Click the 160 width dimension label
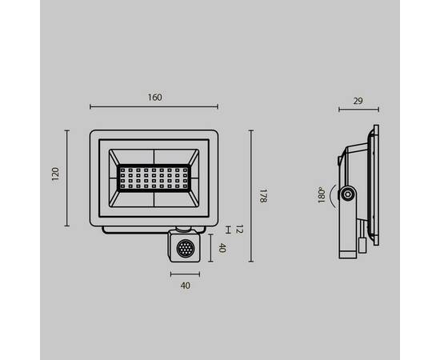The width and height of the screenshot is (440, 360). click(155, 98)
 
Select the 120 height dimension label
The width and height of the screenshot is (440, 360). click(55, 175)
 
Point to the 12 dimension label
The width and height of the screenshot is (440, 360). click(239, 230)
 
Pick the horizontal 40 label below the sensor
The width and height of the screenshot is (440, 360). click(185, 285)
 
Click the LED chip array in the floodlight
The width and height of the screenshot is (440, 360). click(154, 178)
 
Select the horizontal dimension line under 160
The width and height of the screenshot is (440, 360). click(154, 107)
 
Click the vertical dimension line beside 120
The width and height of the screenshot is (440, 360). click(66, 176)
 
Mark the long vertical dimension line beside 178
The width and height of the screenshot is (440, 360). click(252, 196)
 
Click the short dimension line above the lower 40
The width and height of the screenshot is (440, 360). click(185, 274)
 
